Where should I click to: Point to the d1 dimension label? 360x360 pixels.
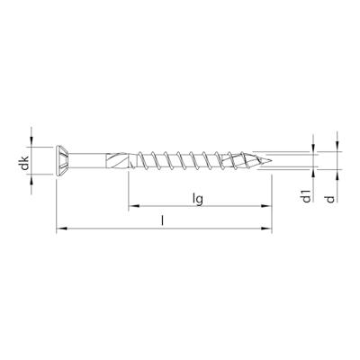[x=307, y=196]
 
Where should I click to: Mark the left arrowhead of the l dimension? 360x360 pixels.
[x=60, y=229]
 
